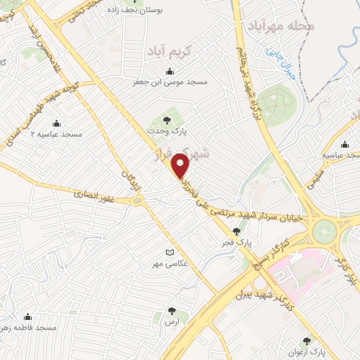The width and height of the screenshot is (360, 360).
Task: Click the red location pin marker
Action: (x=181, y=165)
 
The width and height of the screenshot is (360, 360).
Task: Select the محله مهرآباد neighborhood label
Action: (x=281, y=25)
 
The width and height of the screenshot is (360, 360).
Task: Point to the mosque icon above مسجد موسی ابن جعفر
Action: (x=169, y=71)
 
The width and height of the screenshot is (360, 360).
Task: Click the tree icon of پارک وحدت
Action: (x=167, y=118)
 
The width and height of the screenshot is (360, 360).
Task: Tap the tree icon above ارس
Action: (x=172, y=309)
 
